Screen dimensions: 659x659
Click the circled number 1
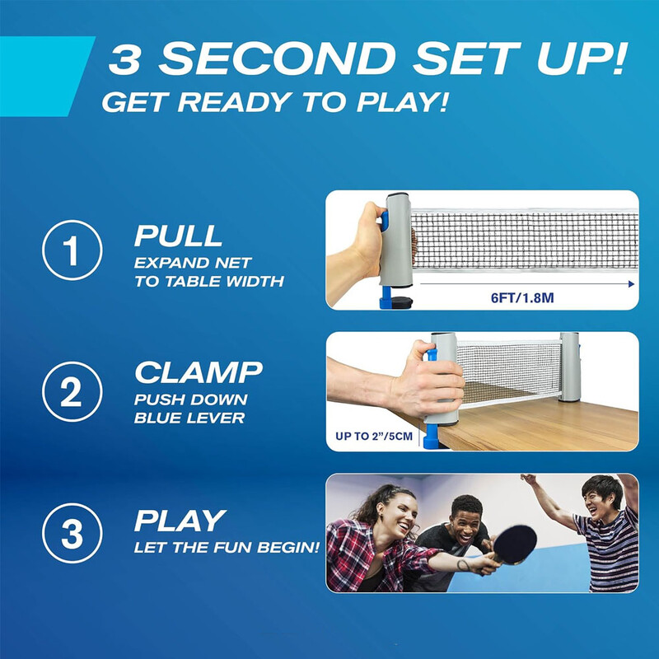pyautogui.click(x=72, y=250)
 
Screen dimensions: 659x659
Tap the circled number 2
pyautogui.click(x=72, y=392)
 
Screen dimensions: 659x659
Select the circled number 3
pyautogui.click(x=72, y=533)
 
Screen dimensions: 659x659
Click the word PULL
pyautogui.click(x=178, y=236)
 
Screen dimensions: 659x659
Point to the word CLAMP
pyautogui.click(x=199, y=372)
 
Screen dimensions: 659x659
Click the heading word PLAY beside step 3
pyautogui.click(x=180, y=521)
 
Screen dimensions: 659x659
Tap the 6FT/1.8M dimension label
pyautogui.click(x=522, y=298)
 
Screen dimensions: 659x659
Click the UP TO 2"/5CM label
pyautogui.click(x=374, y=437)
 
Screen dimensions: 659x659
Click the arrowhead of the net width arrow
pyautogui.click(x=631, y=284)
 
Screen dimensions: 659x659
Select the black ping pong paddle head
pyautogui.click(x=515, y=544)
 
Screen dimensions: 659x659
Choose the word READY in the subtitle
pyautogui.click(x=234, y=102)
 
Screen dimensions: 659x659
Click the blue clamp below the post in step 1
pyautogui.click(x=386, y=297)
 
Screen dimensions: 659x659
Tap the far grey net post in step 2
pyautogui.click(x=569, y=367)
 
